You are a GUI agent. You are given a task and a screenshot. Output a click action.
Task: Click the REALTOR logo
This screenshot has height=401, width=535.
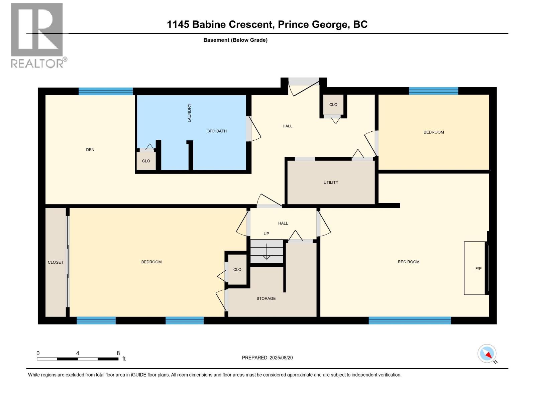[37, 35]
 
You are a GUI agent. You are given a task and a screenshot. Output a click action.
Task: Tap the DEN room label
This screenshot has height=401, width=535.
[90, 150]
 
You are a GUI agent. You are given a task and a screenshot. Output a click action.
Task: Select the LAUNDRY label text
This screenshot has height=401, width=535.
[189, 113]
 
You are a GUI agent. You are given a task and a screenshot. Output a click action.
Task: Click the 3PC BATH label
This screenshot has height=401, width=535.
[217, 131]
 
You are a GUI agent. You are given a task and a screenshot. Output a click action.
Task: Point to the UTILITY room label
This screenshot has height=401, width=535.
[331, 182]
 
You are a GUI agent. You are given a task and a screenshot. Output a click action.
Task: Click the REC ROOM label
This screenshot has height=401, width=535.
[408, 262]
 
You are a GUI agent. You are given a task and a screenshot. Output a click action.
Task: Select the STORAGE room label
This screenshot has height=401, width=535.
[266, 298]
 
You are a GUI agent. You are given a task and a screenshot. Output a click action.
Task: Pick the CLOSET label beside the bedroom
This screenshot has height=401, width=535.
[56, 262]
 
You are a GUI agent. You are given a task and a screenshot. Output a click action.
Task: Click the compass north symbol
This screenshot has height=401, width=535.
[487, 354]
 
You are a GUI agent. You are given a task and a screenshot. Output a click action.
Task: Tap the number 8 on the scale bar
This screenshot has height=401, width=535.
[118, 353]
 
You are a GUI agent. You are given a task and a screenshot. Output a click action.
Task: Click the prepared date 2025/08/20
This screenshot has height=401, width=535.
[281, 358]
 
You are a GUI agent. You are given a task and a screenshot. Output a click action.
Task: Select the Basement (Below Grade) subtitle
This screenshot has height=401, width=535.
[235, 40]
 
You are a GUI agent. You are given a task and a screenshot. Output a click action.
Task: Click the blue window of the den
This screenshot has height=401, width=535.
[106, 91]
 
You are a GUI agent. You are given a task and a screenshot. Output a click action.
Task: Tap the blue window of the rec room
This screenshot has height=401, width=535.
[410, 320]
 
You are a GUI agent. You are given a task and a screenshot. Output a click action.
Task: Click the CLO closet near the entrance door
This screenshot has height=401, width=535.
[333, 105]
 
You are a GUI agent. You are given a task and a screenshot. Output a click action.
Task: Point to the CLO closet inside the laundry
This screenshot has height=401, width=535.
[146, 161]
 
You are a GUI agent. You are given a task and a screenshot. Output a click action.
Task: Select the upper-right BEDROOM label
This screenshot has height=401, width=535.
[434, 132]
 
